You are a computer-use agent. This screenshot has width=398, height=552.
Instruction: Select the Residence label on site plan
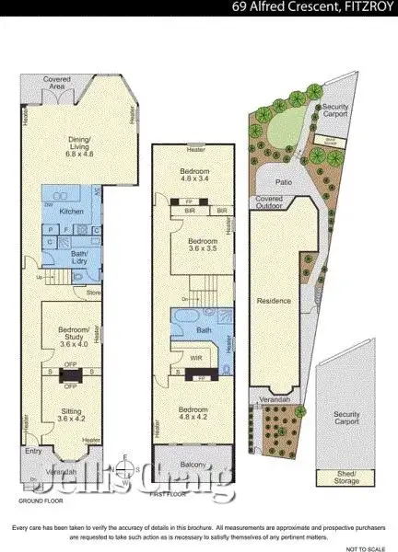[275, 301]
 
